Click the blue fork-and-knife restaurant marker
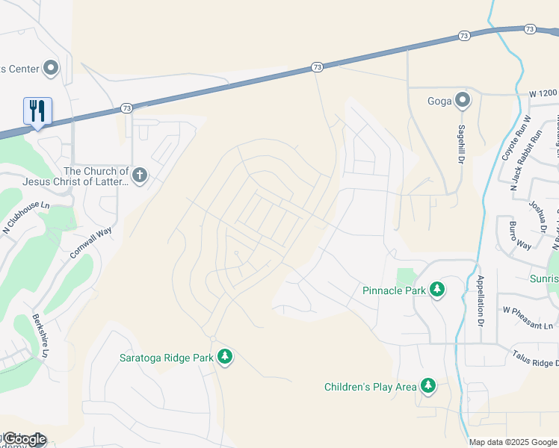pos(37,111)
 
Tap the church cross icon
pos(139,176)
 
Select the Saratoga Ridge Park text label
pos(167,358)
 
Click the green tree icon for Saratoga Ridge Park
pos(225,358)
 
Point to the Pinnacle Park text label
pos(394,290)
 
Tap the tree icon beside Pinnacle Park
pos(436,290)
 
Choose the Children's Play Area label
pos(370,387)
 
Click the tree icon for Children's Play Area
pos(427,386)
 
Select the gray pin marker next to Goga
pos(463,100)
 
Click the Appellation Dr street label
pos(481,301)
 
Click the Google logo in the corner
pos(24,439)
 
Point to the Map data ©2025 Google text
pos(512,442)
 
